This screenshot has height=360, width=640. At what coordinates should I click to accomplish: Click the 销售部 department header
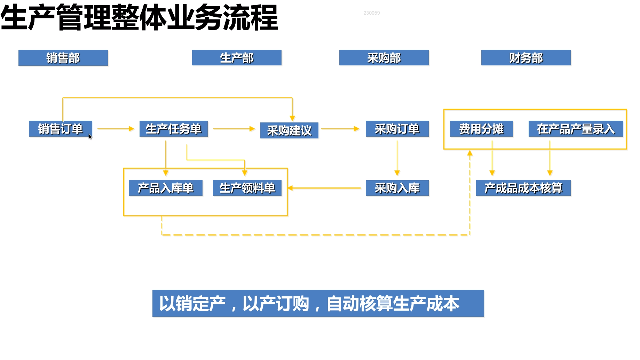pyautogui.click(x=63, y=58)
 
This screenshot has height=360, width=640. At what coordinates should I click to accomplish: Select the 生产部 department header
pyautogui.click(x=237, y=58)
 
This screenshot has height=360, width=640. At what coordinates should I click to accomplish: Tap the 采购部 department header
pyautogui.click(x=384, y=58)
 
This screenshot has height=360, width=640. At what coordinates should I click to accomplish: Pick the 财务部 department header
pyautogui.click(x=526, y=58)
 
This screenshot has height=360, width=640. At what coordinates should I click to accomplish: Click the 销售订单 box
pyautogui.click(x=61, y=129)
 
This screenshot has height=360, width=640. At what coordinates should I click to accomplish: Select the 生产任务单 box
pyautogui.click(x=174, y=129)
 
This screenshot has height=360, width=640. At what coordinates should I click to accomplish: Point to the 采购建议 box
pyautogui.click(x=289, y=130)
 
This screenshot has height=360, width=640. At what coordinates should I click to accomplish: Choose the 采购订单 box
pyautogui.click(x=397, y=129)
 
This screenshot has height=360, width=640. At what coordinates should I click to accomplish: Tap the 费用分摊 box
pyautogui.click(x=481, y=129)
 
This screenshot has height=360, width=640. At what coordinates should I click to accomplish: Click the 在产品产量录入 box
pyautogui.click(x=576, y=129)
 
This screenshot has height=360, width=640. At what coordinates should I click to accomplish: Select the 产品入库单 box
pyautogui.click(x=166, y=188)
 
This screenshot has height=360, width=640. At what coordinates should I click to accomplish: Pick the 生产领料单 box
pyautogui.click(x=247, y=188)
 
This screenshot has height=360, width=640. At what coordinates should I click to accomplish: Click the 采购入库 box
pyautogui.click(x=397, y=188)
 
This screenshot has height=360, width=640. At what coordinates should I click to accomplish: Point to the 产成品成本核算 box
pyautogui.click(x=523, y=188)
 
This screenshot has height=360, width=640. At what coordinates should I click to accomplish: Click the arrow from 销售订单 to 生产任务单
pyautogui.click(x=116, y=129)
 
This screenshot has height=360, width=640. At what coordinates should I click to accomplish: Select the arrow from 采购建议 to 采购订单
pyautogui.click(x=340, y=129)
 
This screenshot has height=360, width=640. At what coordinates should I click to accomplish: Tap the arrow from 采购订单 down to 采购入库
pyautogui.click(x=397, y=158)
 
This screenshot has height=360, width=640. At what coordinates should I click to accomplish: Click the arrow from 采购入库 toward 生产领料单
pyautogui.click(x=324, y=188)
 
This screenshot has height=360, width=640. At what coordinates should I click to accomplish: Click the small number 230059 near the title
pyautogui.click(x=372, y=13)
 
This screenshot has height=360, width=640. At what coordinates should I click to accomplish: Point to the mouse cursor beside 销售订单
pyautogui.click(x=90, y=136)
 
